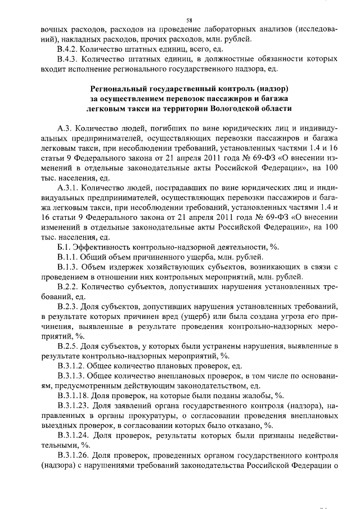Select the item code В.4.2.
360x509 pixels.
tap(67, 49)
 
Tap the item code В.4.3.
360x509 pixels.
tap(67, 59)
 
